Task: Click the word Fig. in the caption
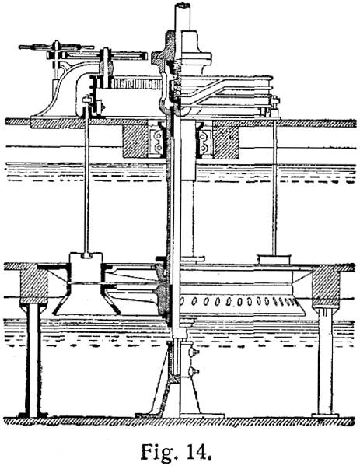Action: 158,452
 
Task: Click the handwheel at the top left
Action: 56,47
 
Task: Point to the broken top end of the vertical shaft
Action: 182,5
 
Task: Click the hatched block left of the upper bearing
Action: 135,142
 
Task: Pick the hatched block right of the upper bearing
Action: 225,142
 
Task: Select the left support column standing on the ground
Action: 33,359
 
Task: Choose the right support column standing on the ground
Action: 325,361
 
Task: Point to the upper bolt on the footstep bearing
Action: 194,352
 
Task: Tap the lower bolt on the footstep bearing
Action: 194,371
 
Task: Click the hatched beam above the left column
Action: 33,284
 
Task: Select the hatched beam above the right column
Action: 326,286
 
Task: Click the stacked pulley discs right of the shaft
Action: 226,91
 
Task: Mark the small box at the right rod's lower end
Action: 274,259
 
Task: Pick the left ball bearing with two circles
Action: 156,141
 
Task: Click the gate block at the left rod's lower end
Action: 86,269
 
